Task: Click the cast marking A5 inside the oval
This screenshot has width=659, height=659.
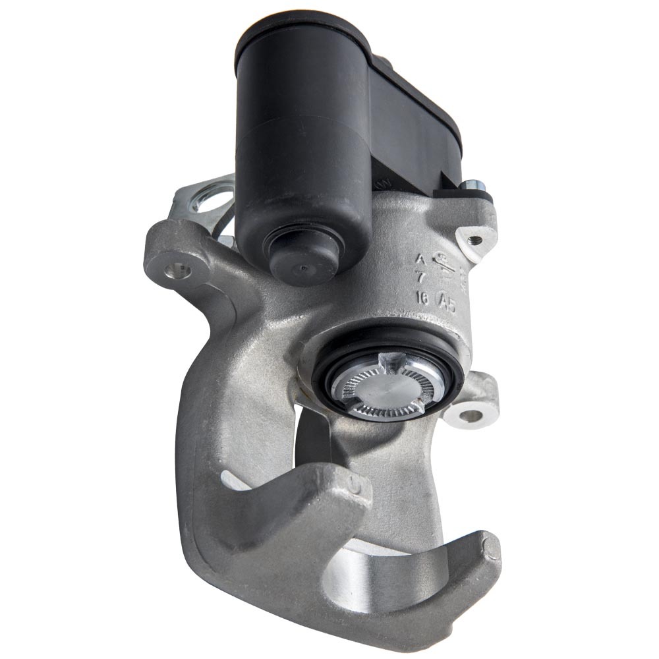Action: pyautogui.click(x=448, y=302)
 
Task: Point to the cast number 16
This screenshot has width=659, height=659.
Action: pyautogui.click(x=421, y=299)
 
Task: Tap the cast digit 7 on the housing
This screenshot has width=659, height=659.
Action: pyautogui.click(x=421, y=277)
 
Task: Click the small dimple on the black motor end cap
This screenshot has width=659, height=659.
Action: pyautogui.click(x=301, y=268)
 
